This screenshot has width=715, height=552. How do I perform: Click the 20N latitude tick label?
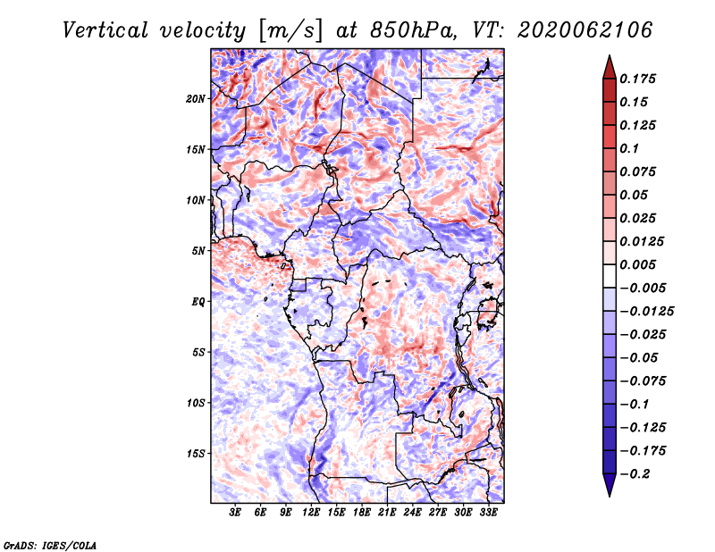(196, 99)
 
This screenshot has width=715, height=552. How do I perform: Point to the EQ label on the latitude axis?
(198, 302)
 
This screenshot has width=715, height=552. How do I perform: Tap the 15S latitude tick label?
(196, 454)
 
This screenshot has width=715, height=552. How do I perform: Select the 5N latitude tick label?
(198, 251)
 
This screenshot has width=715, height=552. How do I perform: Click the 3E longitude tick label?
(235, 513)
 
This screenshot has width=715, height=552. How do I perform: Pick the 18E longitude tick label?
(362, 513)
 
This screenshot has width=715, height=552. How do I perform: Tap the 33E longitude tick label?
(488, 513)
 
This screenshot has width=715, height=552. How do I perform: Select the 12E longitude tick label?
(311, 513)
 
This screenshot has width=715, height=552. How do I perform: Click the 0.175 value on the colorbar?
(637, 79)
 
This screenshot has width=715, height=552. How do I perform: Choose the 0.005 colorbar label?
(637, 264)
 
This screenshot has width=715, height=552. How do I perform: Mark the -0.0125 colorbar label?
(646, 312)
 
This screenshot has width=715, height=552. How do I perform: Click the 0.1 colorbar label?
(629, 148)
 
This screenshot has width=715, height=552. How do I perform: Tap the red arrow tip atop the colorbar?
(610, 55)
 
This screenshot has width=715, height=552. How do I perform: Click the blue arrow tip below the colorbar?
(610, 496)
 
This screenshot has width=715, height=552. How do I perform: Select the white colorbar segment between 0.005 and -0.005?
(610, 276)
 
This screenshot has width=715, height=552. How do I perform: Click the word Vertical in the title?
(105, 30)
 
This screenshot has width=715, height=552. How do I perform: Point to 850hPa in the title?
(413, 30)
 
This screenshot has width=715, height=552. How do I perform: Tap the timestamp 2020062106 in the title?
(585, 30)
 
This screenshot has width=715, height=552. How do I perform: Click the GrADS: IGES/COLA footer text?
(50, 546)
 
